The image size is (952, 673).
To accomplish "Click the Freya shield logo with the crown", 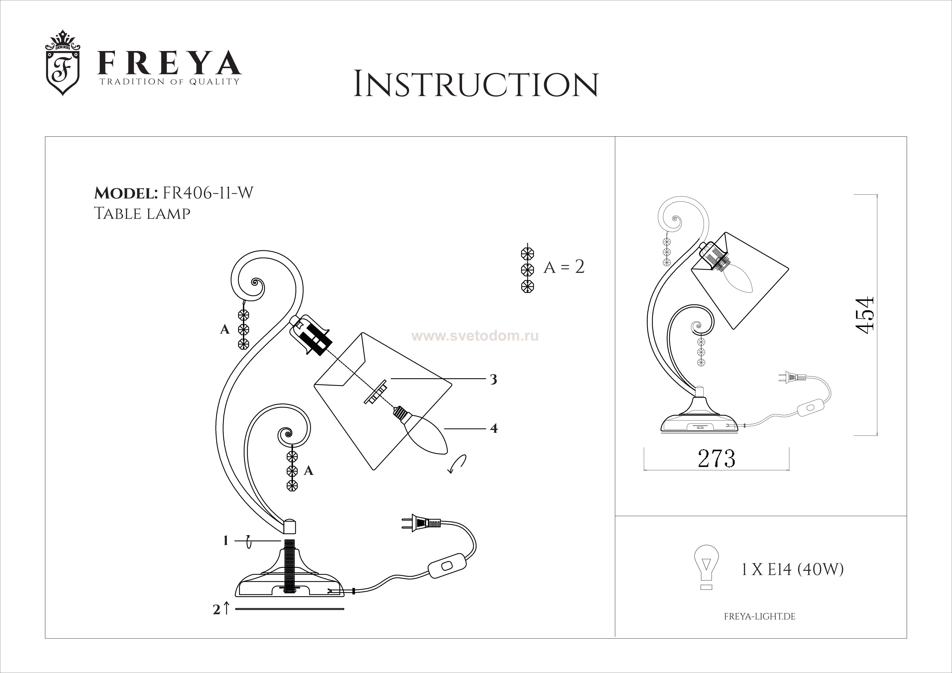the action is (63, 63).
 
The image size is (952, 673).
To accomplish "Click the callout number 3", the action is (493, 379).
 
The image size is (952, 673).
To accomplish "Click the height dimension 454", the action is (865, 315).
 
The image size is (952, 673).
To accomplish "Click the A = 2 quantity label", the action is (564, 267).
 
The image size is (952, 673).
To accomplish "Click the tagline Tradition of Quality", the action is (169, 82).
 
